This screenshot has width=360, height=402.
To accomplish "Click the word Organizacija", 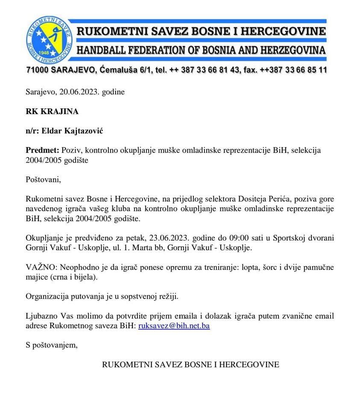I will click(47, 296).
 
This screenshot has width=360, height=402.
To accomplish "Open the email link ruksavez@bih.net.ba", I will click(174, 326).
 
